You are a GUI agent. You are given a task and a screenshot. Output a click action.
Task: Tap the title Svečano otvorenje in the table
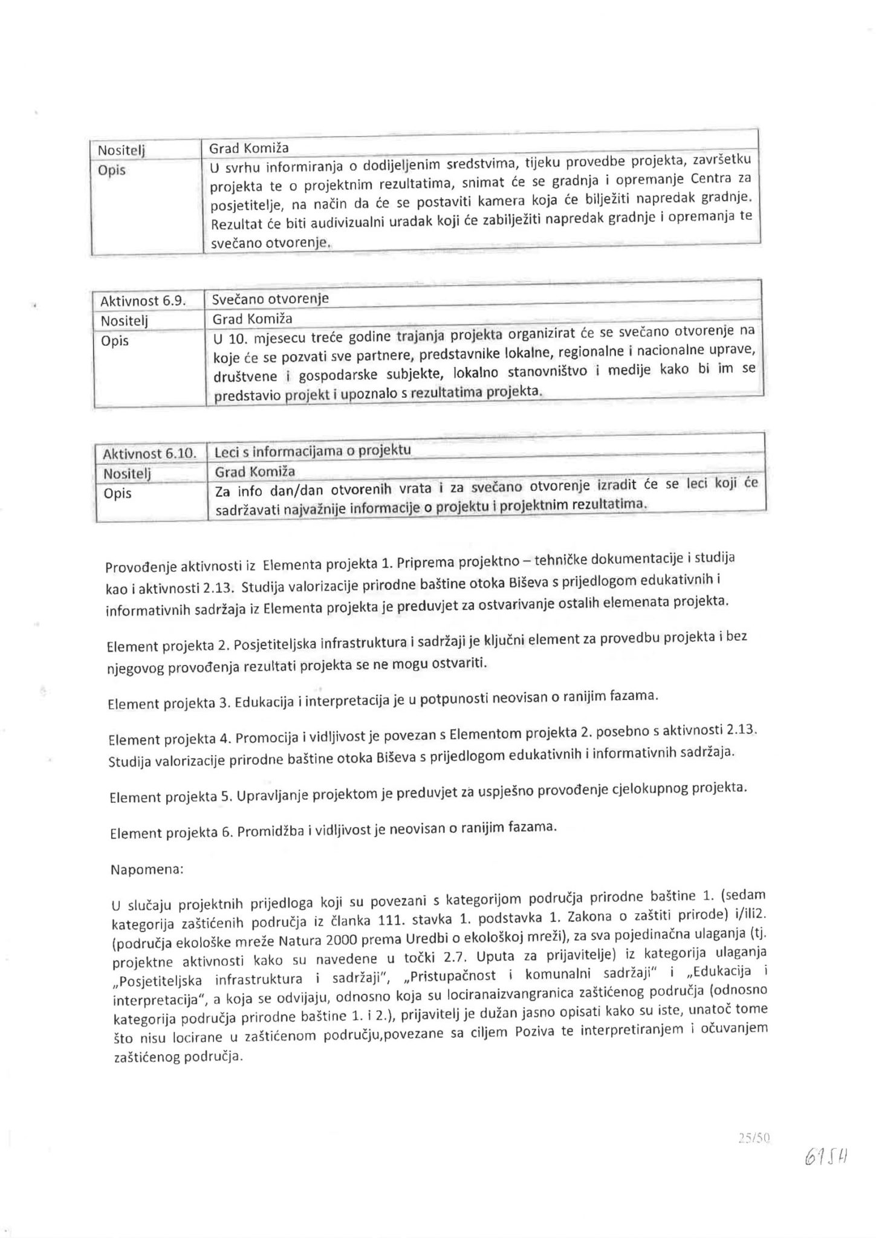(x=270, y=299)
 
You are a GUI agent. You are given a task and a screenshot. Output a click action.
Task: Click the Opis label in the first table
(x=112, y=170)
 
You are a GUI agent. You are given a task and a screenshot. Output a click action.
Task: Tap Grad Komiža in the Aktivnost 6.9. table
(x=252, y=319)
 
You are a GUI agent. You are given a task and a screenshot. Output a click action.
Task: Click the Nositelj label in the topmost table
(x=121, y=150)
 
